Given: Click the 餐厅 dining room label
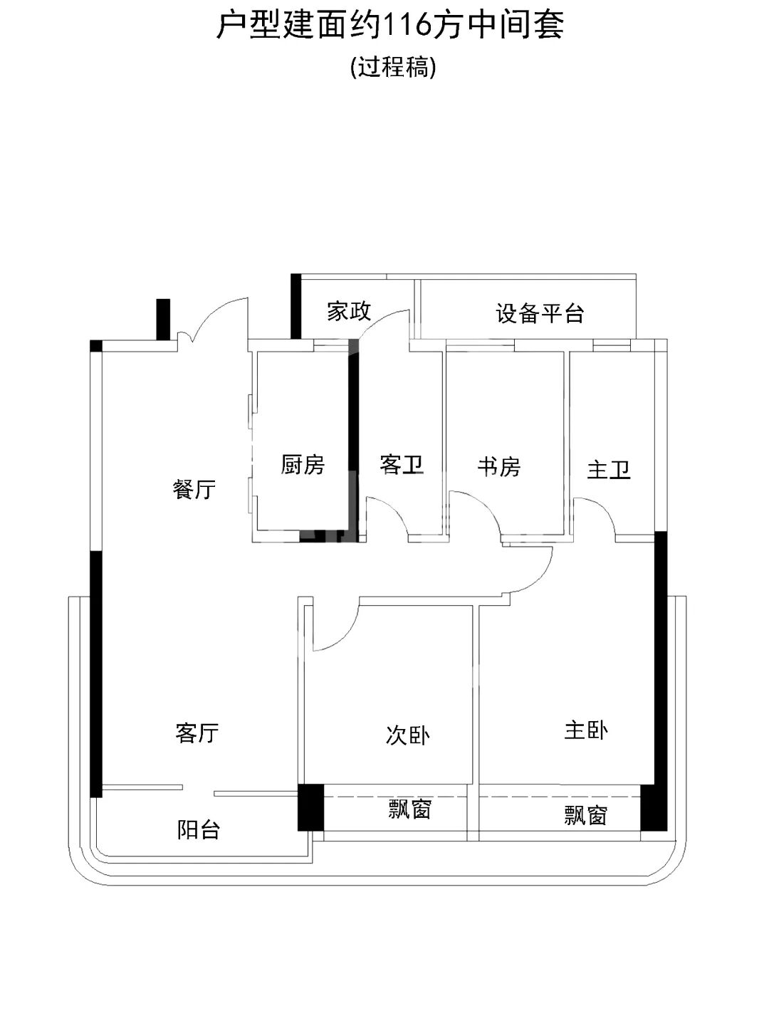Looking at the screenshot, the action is coord(194,489).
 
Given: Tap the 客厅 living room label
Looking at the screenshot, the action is coord(197,733).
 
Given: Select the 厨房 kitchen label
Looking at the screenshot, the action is coord(303,465).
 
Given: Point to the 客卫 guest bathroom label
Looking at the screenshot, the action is coord(402,465).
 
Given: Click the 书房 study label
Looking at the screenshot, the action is coord(498,466).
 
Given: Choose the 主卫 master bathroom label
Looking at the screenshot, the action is coord(609,469).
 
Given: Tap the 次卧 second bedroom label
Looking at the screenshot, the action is coord(407,735).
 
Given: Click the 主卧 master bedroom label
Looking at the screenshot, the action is coord(586,730).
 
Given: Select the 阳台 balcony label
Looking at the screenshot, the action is coord(198,829).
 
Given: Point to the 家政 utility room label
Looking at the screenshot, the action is coord(349,311).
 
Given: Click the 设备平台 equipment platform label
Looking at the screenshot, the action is coord(540,313).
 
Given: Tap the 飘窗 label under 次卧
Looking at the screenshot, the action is coord(409,809).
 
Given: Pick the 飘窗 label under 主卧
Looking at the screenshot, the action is coord(585,814).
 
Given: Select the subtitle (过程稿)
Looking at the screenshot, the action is coord(393,67).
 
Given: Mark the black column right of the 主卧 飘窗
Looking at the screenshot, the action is coord(652,807).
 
